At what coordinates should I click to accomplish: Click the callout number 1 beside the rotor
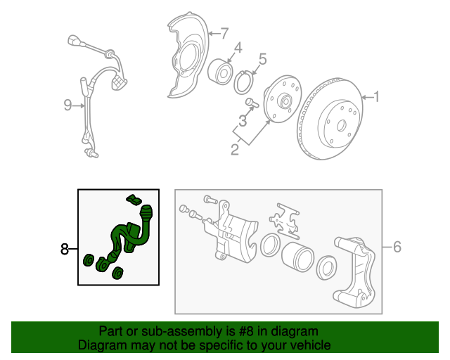(377, 96)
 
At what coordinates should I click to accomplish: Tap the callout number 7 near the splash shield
(224, 33)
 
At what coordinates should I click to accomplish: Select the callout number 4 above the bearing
(238, 48)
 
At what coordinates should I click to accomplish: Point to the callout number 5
(262, 59)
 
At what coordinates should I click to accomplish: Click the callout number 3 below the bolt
(243, 120)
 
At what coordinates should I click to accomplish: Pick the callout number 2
(235, 150)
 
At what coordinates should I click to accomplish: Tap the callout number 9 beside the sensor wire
(67, 105)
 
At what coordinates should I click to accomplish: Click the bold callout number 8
(65, 249)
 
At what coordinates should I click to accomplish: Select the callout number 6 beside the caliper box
(397, 247)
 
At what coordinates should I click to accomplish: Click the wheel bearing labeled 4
(220, 72)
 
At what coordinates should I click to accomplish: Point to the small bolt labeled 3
(252, 103)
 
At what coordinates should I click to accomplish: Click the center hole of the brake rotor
(341, 125)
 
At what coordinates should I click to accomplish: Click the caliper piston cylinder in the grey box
(297, 257)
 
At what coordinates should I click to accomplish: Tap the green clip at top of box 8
(134, 199)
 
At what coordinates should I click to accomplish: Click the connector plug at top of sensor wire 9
(74, 41)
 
